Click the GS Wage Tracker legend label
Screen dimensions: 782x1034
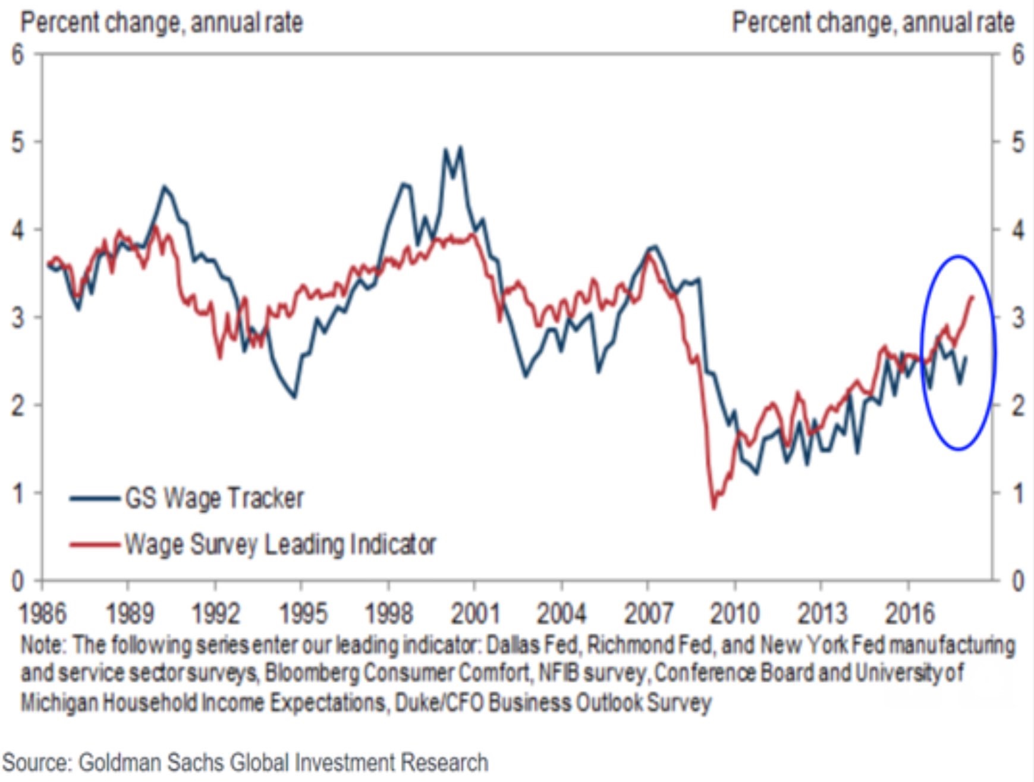(x=214, y=498)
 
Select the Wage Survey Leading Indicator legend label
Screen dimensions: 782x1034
(x=279, y=544)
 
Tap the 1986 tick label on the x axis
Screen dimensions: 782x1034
(x=43, y=613)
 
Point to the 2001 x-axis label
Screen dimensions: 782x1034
(x=475, y=613)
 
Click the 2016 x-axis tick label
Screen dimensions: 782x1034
(x=909, y=613)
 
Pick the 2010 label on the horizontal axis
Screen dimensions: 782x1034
(x=735, y=613)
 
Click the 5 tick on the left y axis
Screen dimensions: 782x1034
(x=18, y=142)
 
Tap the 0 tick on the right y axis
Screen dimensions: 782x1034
(x=1018, y=580)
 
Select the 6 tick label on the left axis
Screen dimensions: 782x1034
(x=18, y=55)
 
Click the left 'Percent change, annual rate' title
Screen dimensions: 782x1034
(x=162, y=23)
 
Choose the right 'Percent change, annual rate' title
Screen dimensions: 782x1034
(x=873, y=23)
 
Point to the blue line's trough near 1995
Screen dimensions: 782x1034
(x=294, y=397)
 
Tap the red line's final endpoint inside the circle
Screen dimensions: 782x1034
(x=973, y=296)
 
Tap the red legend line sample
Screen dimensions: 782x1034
(x=94, y=544)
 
